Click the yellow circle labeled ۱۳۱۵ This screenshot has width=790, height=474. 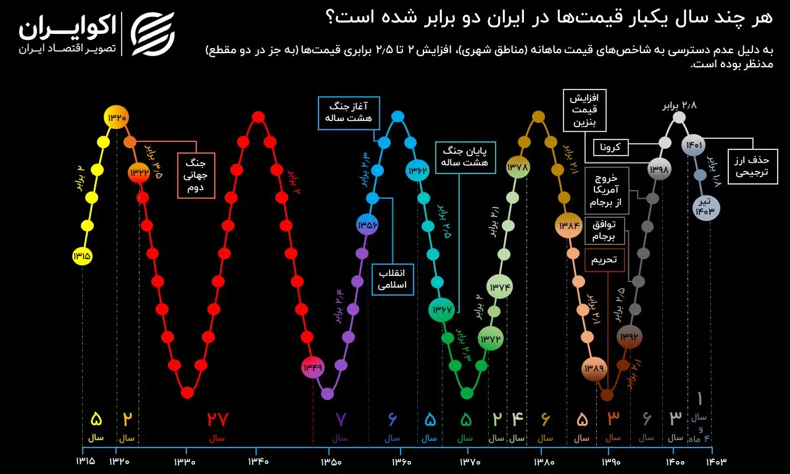82,255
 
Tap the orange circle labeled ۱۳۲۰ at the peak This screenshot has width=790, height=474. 117,117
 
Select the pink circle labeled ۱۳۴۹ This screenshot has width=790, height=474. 312,368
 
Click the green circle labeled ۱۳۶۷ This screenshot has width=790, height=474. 442,309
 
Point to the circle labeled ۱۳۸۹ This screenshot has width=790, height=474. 594,368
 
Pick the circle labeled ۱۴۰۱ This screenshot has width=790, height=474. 692,146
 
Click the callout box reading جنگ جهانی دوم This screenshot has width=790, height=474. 196,175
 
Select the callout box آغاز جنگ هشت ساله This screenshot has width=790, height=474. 349,113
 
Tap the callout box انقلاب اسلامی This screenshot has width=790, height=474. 393,280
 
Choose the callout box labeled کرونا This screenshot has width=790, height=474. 611,147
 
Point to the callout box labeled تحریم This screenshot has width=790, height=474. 604,260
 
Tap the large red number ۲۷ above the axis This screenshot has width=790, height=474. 217,420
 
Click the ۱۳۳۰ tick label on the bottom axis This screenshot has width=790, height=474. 184,461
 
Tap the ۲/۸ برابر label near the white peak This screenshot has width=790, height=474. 679,105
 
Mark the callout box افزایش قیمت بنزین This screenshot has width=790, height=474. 584,110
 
